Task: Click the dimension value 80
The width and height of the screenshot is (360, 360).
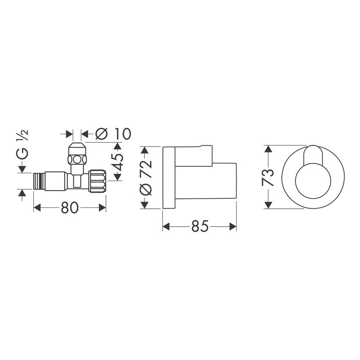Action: point(70,208)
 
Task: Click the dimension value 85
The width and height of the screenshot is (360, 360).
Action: point(199,227)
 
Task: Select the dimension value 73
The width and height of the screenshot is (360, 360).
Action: point(268,177)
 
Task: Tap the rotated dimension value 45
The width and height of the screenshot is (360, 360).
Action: point(118,161)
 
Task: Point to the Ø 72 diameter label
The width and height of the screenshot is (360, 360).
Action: point(145,177)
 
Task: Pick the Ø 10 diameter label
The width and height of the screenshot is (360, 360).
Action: point(113,134)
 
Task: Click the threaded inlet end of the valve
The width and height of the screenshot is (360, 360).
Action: point(39,181)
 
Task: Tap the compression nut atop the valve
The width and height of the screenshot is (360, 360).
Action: point(78,155)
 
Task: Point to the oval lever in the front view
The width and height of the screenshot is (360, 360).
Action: point(313,154)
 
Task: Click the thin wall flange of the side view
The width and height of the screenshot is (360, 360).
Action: point(169,177)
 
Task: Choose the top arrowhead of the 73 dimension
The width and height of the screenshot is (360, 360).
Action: point(268,148)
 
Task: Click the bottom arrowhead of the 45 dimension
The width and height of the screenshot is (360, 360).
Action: point(118,177)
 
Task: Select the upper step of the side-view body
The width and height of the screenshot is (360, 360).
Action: point(194,155)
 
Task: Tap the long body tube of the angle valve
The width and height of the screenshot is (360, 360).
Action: point(55,181)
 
